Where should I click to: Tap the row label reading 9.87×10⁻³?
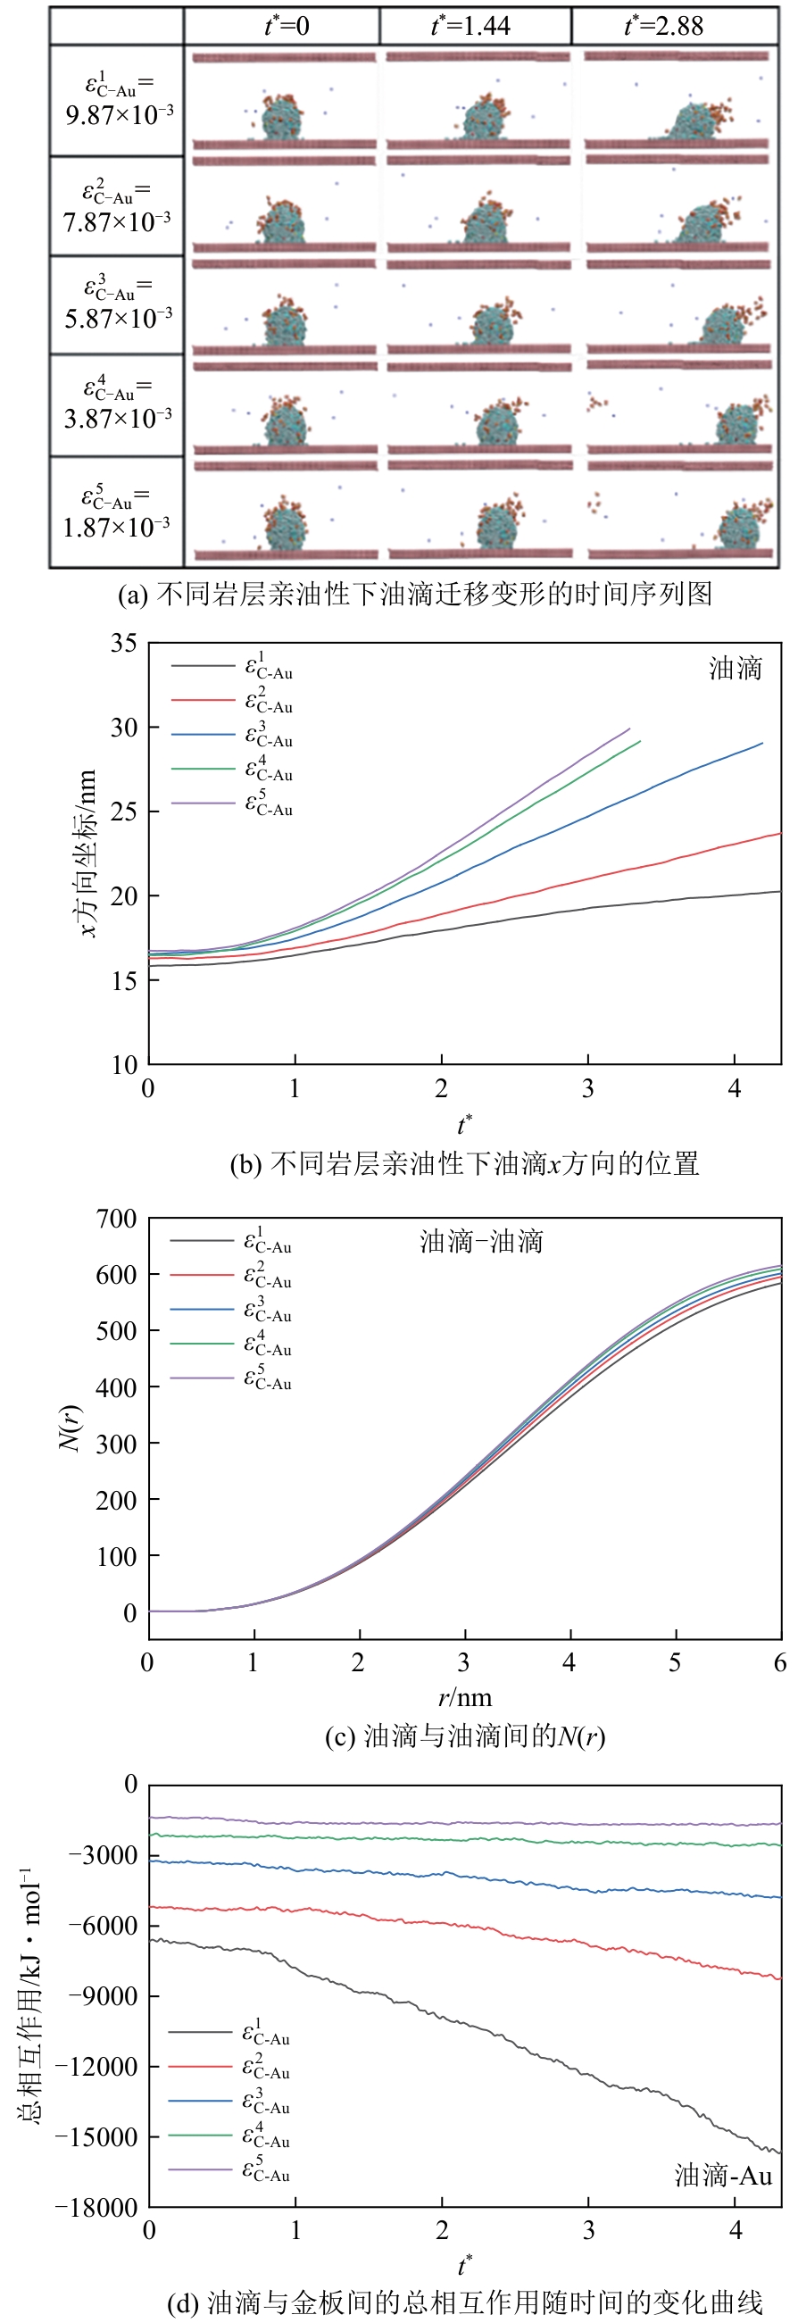(118, 100)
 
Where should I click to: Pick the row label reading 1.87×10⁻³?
(116, 512)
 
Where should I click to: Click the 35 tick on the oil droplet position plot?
(124, 644)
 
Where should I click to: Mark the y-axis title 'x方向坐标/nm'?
(87, 853)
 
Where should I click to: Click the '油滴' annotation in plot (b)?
(735, 668)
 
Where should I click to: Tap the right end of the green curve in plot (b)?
(639, 741)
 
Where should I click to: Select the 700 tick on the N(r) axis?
(117, 1220)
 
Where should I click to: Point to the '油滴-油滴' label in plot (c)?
(481, 1242)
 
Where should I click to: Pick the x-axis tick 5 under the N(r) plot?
(676, 1662)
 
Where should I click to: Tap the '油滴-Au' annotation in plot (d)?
(723, 2175)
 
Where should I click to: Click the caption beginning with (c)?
(464, 1736)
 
